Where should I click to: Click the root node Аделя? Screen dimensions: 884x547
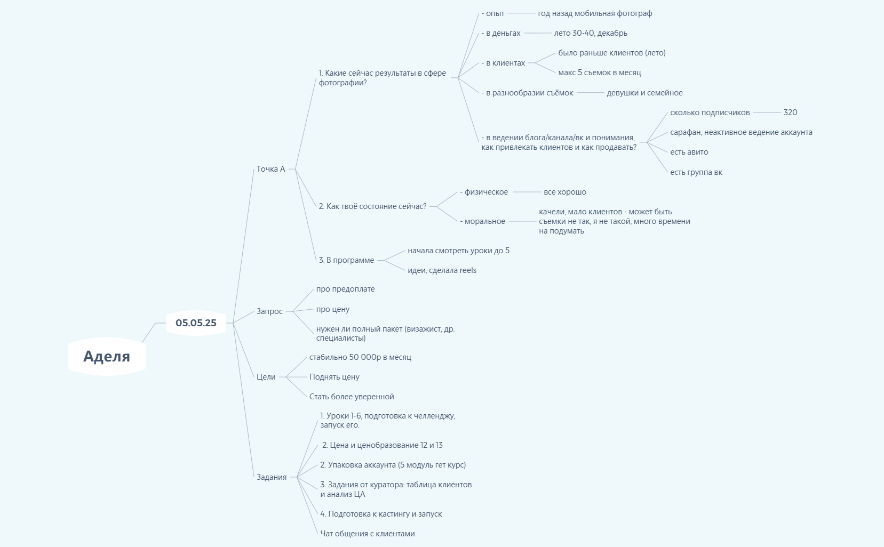click(x=107, y=356)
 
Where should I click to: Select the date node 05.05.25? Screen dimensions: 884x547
click(x=196, y=323)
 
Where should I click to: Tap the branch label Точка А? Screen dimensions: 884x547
click(x=270, y=169)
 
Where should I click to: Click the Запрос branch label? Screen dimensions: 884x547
click(x=269, y=311)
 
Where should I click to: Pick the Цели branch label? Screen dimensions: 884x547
click(x=266, y=376)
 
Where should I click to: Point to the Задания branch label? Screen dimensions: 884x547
click(x=272, y=477)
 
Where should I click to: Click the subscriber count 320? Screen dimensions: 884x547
click(x=790, y=112)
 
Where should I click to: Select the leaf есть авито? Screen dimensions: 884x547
click(x=689, y=152)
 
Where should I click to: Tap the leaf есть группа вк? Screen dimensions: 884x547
click(x=696, y=172)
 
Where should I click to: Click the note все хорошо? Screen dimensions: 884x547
click(x=565, y=192)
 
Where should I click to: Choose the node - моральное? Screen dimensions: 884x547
click(x=482, y=221)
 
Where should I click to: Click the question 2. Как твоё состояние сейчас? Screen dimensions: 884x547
click(x=372, y=206)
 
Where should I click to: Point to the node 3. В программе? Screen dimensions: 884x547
click(x=346, y=260)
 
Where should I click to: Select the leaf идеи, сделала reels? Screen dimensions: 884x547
click(x=442, y=270)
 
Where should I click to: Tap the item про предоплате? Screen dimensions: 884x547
click(x=345, y=289)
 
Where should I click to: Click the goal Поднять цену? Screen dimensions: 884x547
click(x=335, y=376)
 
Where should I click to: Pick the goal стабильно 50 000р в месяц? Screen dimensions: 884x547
click(x=360, y=357)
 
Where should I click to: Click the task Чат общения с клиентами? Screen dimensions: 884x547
click(x=368, y=534)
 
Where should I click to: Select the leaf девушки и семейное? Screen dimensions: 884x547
click(x=644, y=93)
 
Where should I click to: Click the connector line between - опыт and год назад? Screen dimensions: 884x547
click(x=521, y=13)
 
